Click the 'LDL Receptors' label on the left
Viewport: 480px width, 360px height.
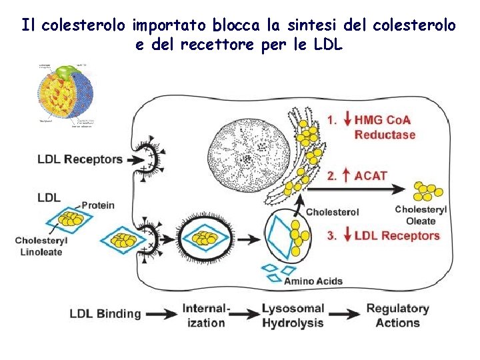click(x=80, y=159)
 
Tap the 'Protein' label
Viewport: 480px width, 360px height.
click(x=99, y=205)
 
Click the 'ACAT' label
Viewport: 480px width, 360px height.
click(x=371, y=176)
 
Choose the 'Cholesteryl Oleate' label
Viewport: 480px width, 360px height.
click(x=421, y=215)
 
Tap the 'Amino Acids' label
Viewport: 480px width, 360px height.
click(x=313, y=281)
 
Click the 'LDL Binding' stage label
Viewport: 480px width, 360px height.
click(x=105, y=313)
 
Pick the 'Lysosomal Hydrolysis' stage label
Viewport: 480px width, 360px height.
click(x=293, y=315)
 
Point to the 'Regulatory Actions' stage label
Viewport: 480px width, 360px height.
click(x=397, y=315)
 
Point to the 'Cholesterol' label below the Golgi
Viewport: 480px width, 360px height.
click(x=332, y=212)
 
